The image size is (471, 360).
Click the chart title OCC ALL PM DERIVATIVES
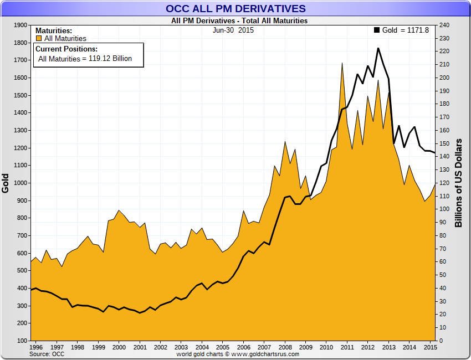click(x=235, y=8)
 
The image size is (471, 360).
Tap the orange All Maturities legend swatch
click(x=39, y=39)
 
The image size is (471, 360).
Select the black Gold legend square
click(x=377, y=30)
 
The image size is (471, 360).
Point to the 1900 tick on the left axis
click(x=20, y=25)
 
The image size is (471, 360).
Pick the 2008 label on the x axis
click(x=285, y=347)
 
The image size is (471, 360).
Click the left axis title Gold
click(x=6, y=183)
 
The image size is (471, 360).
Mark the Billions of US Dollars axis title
click(x=459, y=183)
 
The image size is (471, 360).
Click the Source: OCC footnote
click(x=47, y=353)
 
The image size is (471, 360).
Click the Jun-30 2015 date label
click(x=233, y=30)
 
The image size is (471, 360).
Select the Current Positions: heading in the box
click(x=66, y=49)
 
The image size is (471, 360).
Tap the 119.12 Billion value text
click(x=110, y=58)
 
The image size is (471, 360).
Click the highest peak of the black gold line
click(x=378, y=48)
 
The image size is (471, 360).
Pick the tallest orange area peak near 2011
click(x=342, y=63)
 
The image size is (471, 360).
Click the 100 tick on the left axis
click(x=22, y=341)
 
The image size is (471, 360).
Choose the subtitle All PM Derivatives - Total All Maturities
click(x=239, y=21)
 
